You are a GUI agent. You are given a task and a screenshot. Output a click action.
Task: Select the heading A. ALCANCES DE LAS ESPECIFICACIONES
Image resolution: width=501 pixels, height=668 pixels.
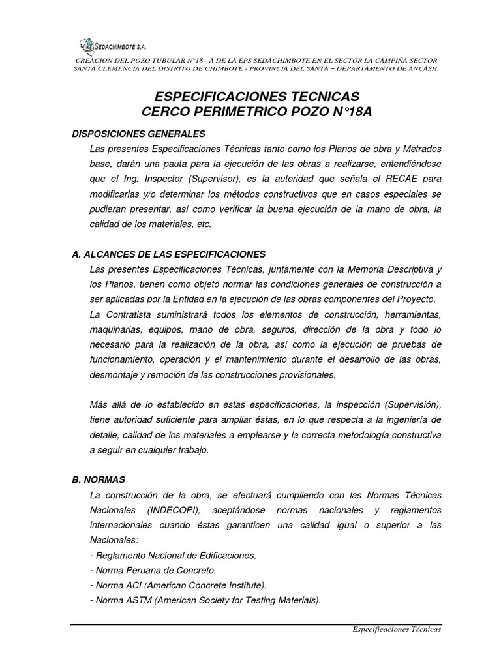[168, 254]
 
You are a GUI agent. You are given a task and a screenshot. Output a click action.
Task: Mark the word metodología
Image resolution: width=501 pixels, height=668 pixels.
[364, 434]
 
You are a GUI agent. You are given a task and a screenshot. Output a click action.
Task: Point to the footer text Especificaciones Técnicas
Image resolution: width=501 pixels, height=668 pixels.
[397, 630]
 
